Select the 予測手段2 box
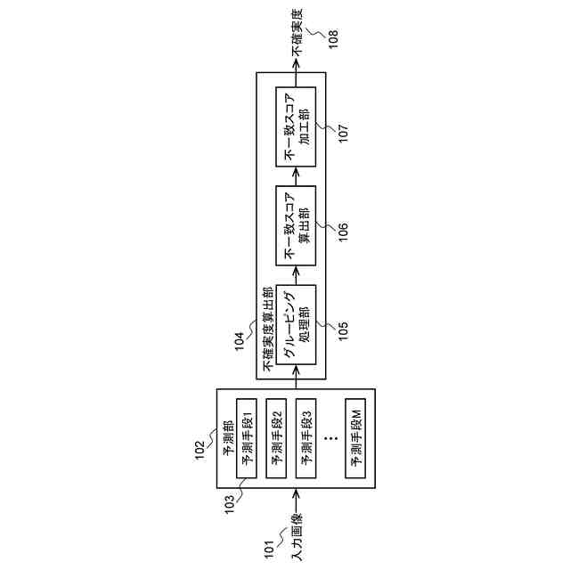pos(278,436)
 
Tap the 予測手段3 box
pos(307,436)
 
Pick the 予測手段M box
pos(356,436)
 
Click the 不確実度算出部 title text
pos(267,330)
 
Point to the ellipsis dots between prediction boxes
pos(331,436)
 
